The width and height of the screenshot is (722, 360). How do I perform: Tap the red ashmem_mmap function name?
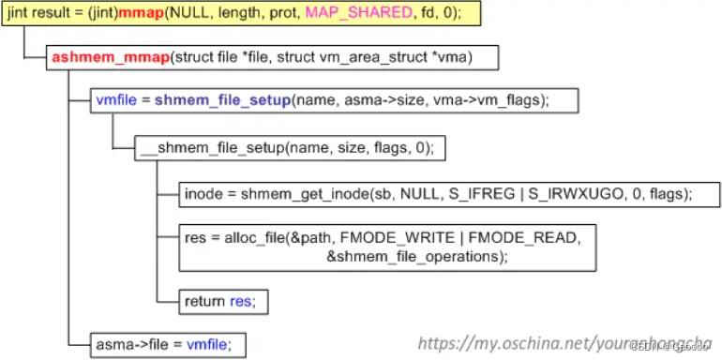click(x=111, y=57)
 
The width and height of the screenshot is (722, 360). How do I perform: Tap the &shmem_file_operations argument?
click(x=414, y=256)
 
